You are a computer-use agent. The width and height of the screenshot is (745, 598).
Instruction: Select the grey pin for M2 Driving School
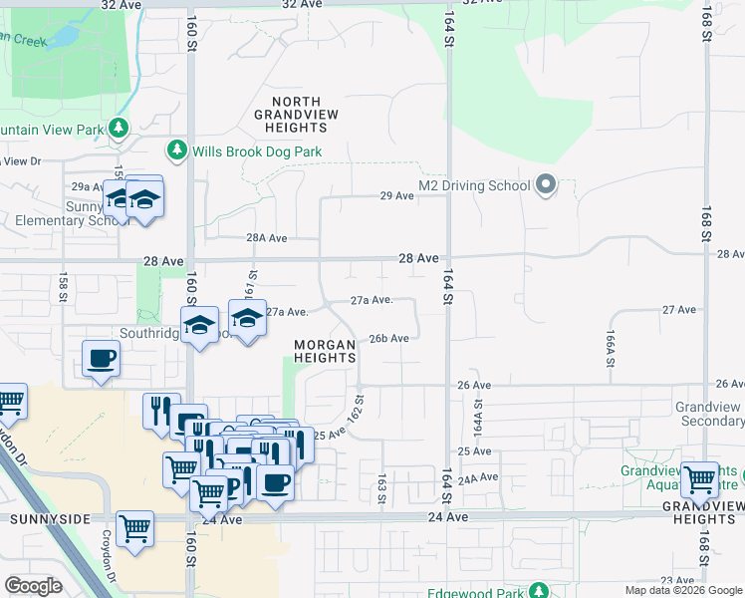(546, 184)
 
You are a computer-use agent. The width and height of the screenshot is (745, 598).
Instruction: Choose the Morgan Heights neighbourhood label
(326, 352)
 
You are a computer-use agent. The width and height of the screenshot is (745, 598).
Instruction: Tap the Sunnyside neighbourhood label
(50, 519)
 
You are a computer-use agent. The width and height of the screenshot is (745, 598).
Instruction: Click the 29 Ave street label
(397, 196)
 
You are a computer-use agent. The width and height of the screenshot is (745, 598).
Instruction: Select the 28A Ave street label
(267, 238)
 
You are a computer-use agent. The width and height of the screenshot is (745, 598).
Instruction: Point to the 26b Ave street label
(388, 339)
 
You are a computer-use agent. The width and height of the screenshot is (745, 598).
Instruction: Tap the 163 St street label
(381, 489)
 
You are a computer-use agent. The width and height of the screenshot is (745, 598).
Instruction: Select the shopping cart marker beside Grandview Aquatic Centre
(700, 479)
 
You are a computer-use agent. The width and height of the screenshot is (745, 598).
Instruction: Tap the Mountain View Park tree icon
(119, 129)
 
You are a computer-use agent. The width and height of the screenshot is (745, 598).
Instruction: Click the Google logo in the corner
(33, 586)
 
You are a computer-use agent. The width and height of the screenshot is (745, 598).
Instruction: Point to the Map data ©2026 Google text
(683, 590)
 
